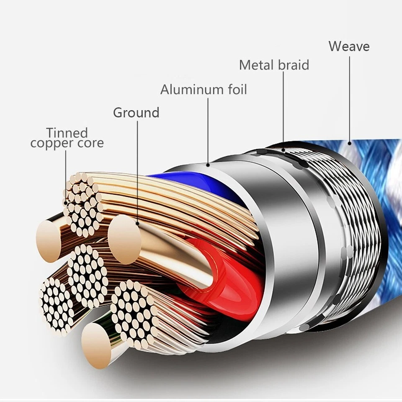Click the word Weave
pos(349,46)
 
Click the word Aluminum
pos(191,90)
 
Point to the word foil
pos(235,90)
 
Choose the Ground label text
pos(136,113)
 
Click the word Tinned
pos(67,133)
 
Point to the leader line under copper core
pos(66,176)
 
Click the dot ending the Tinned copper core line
pos(66,202)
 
